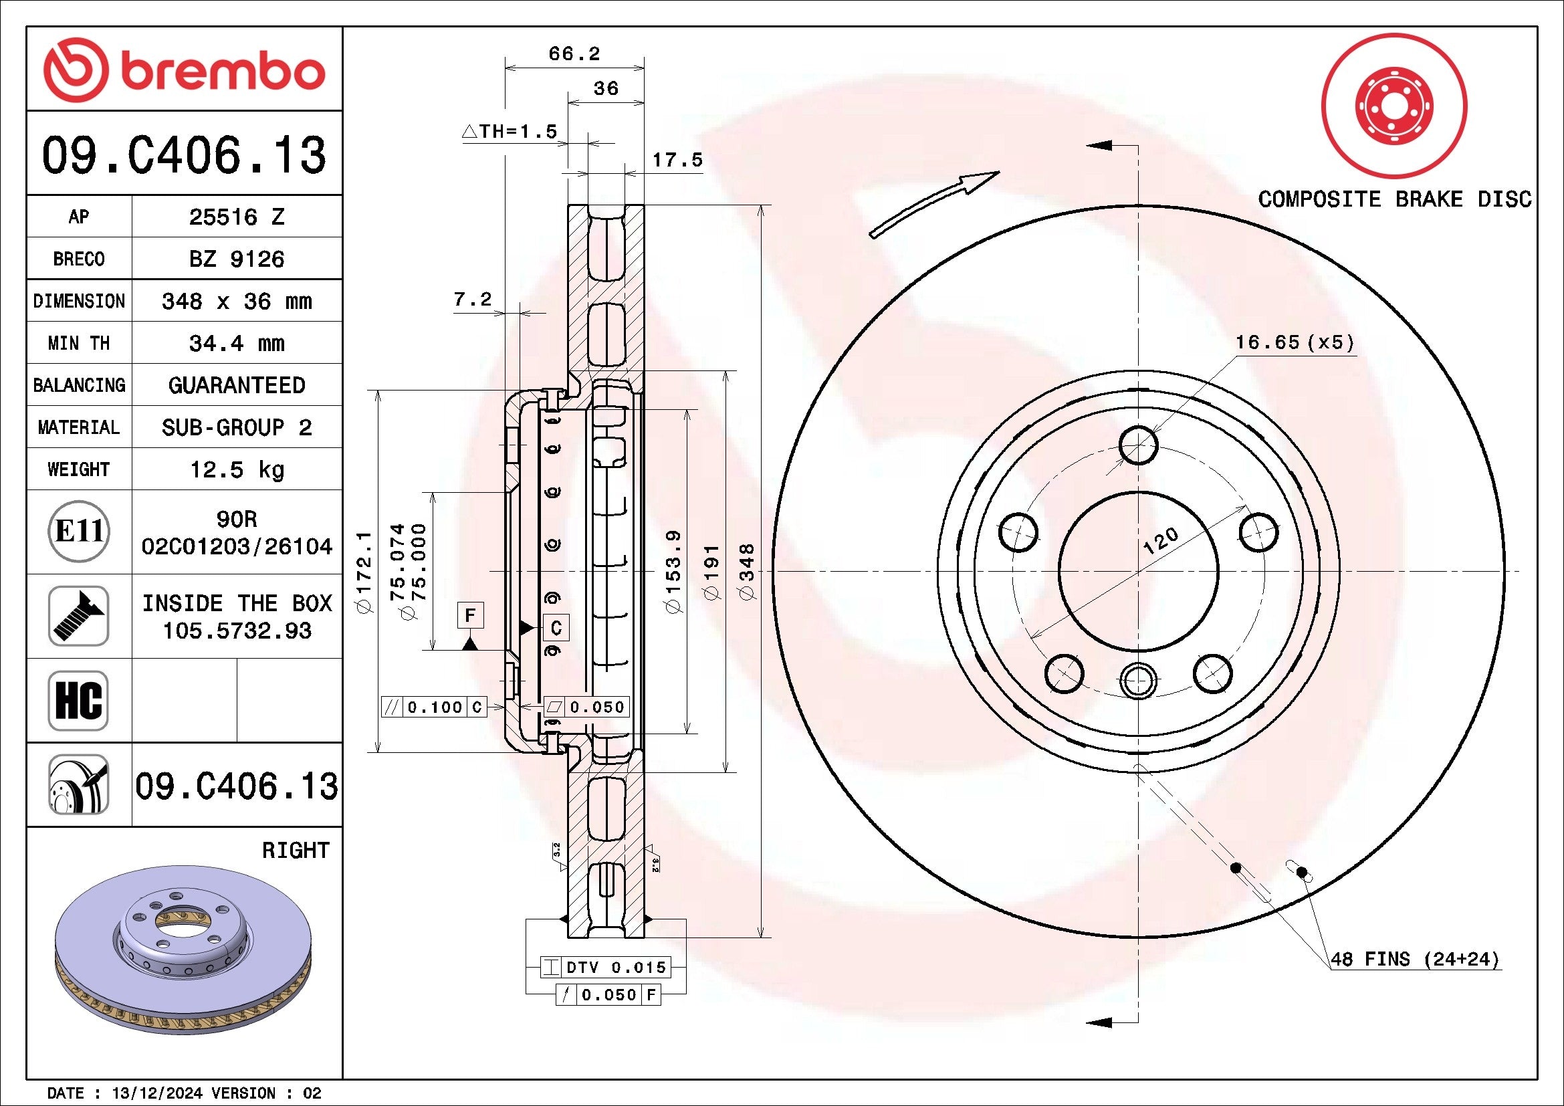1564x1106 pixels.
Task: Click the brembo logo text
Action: click(x=221, y=71)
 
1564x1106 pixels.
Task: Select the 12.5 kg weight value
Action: click(x=236, y=469)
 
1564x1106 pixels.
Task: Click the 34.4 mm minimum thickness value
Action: click(x=236, y=343)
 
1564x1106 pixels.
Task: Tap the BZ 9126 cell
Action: click(x=236, y=259)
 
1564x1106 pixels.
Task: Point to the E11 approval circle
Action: click(x=79, y=531)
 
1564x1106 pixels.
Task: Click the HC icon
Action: click(x=78, y=700)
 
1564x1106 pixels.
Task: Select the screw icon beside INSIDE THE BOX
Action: click(x=78, y=616)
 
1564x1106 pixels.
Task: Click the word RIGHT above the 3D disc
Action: click(x=295, y=851)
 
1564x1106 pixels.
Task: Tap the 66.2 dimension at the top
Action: click(x=574, y=53)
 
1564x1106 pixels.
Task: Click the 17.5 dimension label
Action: click(x=677, y=160)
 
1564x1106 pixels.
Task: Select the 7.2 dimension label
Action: click(x=472, y=299)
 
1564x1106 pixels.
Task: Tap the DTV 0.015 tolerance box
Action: click(x=606, y=967)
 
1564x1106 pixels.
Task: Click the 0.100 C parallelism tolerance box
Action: click(x=434, y=707)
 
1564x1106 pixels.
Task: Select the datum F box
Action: click(x=470, y=616)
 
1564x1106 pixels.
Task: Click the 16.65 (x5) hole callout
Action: click(x=1295, y=342)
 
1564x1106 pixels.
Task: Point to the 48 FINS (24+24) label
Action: click(x=1414, y=960)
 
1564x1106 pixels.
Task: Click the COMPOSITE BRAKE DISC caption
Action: click(x=1394, y=199)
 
